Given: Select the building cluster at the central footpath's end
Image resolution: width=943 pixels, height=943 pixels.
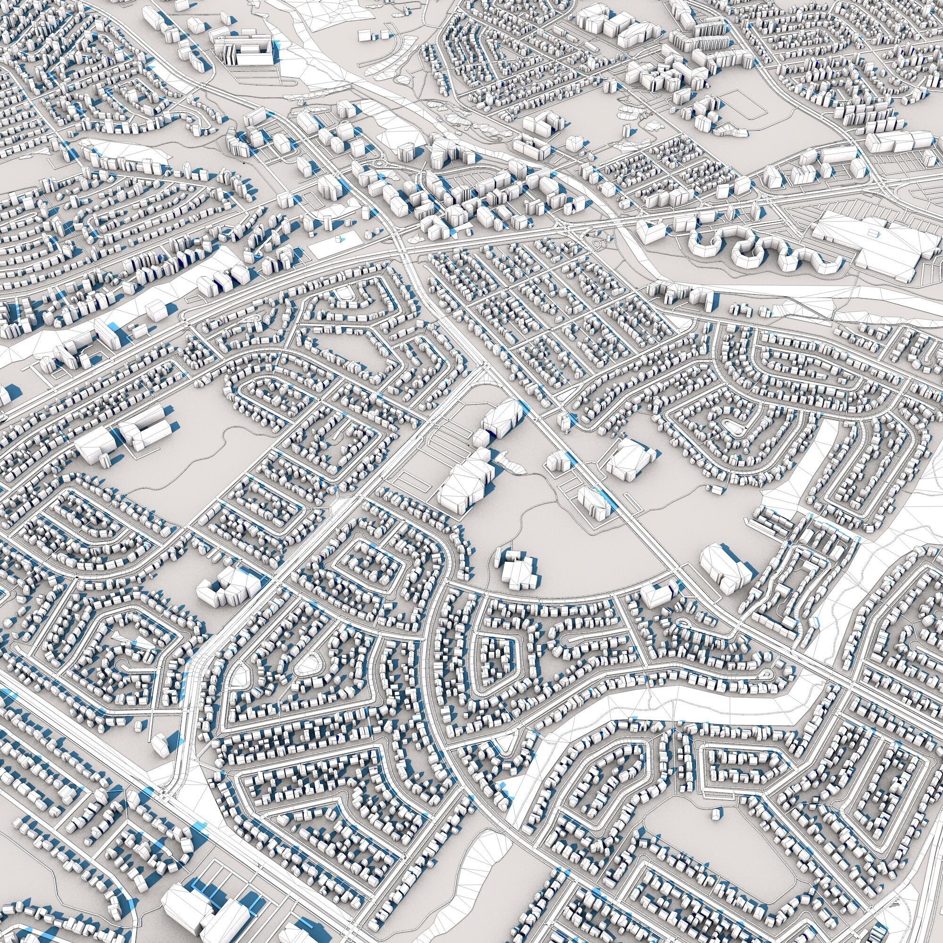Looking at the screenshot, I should click(x=517, y=569).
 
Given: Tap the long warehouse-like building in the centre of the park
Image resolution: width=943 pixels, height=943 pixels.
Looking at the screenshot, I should click(x=463, y=481).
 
